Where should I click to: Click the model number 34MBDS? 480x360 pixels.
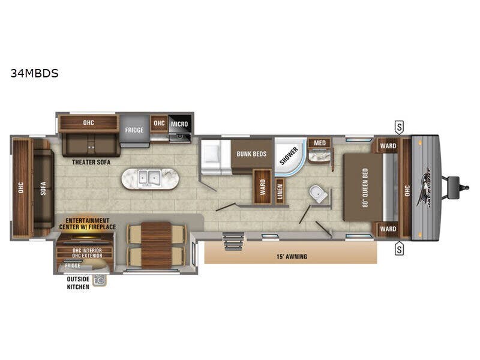tap(34, 74)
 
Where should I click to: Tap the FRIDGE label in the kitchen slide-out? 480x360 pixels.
tap(134, 130)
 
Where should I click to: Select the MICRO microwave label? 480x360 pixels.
tap(179, 124)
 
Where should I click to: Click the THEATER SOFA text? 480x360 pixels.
tap(89, 161)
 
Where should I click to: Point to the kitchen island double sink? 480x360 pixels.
tap(150, 178)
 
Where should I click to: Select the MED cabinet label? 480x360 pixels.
tap(320, 143)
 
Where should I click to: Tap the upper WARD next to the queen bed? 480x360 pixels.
tap(388, 145)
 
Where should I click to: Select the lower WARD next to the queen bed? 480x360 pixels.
tap(388, 229)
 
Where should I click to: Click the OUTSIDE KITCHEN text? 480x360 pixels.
tap(78, 283)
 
